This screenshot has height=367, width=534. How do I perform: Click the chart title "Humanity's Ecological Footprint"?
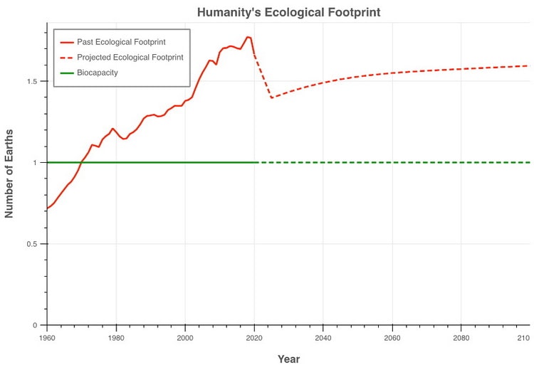tap(288, 12)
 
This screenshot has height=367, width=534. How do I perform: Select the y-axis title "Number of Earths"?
tap(11, 174)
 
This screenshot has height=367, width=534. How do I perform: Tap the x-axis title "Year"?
tap(288, 359)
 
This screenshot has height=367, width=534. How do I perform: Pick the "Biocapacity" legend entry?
tap(98, 72)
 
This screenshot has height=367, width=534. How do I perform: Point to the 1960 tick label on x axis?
tap(47, 337)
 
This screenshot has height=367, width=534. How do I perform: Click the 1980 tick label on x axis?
tap(116, 337)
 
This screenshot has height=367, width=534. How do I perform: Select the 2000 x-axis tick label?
tap(185, 337)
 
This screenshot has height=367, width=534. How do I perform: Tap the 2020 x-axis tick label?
tap(254, 337)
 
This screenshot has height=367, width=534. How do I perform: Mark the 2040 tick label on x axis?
tap(323, 337)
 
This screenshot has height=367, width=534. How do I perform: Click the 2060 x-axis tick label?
tap(392, 337)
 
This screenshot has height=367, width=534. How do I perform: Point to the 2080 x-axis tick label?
tap(461, 337)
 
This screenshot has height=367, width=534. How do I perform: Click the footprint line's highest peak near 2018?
tap(247, 37)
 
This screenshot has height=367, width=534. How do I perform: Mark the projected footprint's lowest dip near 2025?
tap(271, 97)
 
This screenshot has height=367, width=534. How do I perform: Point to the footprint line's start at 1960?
tap(47, 208)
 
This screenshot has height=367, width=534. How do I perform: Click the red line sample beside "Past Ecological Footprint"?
tap(67, 42)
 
